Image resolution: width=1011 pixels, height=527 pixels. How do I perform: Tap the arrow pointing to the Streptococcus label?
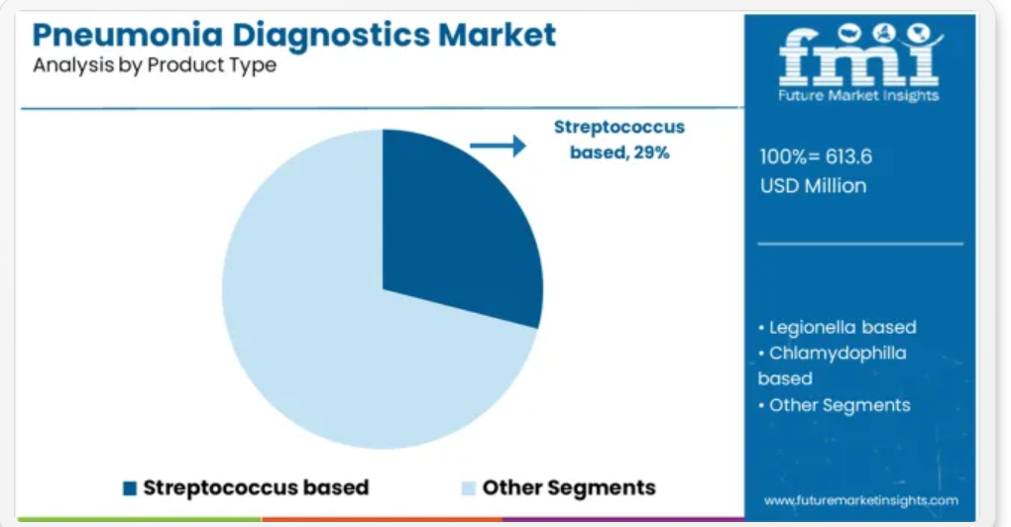coord(498,146)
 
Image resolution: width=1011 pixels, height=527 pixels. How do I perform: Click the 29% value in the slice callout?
coord(651,153)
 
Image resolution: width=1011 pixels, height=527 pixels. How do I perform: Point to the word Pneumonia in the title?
coord(128,35)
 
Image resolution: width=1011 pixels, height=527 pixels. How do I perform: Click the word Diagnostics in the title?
coord(331,35)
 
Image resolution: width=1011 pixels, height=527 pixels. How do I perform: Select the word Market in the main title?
coord(497,35)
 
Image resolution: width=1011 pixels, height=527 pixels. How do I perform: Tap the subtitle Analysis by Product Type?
coord(155,65)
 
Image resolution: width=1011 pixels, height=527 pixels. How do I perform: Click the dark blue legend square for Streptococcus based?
coord(130,488)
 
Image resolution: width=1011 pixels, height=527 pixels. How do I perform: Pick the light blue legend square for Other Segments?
coord(469,488)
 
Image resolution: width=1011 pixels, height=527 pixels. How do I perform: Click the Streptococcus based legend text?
coord(256,487)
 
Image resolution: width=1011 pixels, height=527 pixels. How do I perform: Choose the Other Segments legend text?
coord(569,487)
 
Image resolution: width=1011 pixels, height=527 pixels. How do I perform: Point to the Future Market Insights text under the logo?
coord(858,96)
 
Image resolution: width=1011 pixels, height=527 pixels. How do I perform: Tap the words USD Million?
coord(813,186)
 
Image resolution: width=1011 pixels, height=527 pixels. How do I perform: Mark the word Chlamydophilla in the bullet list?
coord(838,354)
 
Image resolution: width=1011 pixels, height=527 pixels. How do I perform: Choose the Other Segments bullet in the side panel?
coord(835,405)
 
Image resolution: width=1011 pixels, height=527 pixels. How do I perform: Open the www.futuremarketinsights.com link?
coord(860,500)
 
